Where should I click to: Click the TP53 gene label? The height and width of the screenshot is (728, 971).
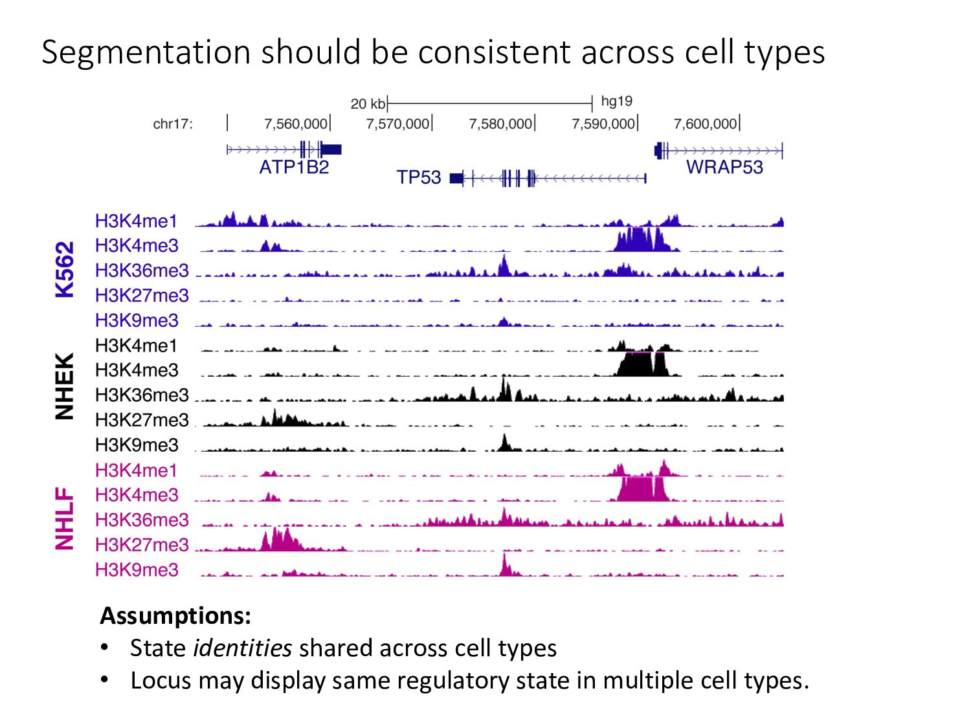[x=419, y=177]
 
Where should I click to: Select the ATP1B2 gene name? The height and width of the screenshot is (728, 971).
[x=294, y=168]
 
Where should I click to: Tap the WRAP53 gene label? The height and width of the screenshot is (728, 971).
[x=724, y=167]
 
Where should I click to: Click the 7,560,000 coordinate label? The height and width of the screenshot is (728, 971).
[x=296, y=124]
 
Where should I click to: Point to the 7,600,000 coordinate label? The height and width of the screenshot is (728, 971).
[x=705, y=124]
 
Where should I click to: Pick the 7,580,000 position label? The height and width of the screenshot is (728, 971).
[x=500, y=124]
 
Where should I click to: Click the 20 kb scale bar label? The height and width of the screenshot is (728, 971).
[x=368, y=104]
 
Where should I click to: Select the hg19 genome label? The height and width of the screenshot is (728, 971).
[x=616, y=101]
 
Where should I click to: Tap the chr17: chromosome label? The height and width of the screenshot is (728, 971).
[x=173, y=124]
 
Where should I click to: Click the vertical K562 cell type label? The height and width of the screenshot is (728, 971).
[x=65, y=269]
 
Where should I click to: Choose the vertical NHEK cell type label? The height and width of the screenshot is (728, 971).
[x=65, y=386]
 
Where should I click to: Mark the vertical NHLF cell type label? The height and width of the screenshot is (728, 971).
[x=65, y=519]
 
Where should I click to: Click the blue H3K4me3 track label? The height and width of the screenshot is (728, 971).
[x=137, y=246]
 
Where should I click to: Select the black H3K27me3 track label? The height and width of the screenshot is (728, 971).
[x=142, y=420]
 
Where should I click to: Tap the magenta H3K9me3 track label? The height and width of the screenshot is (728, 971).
[x=137, y=570]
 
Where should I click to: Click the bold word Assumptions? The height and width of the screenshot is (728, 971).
[x=175, y=615]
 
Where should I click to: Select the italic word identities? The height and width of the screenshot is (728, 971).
[x=243, y=648]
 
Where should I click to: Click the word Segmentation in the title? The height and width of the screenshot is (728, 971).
[x=146, y=52]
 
